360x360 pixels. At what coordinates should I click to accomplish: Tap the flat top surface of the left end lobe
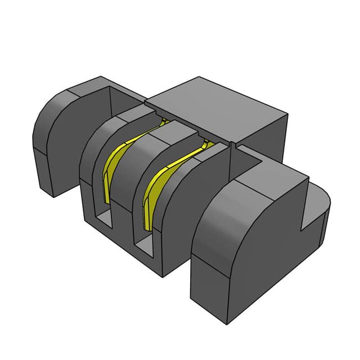tap(84, 90)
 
